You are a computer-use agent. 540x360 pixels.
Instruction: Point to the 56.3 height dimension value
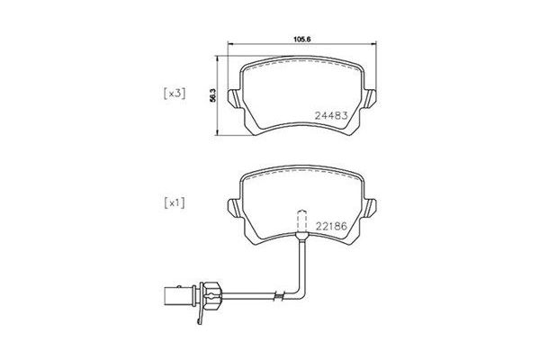click(212, 94)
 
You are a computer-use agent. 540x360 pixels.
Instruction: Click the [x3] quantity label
click(174, 93)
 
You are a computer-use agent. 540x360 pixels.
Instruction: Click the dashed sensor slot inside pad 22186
click(299, 221)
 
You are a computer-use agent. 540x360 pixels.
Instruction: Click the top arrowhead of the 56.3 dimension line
click(220, 59)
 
